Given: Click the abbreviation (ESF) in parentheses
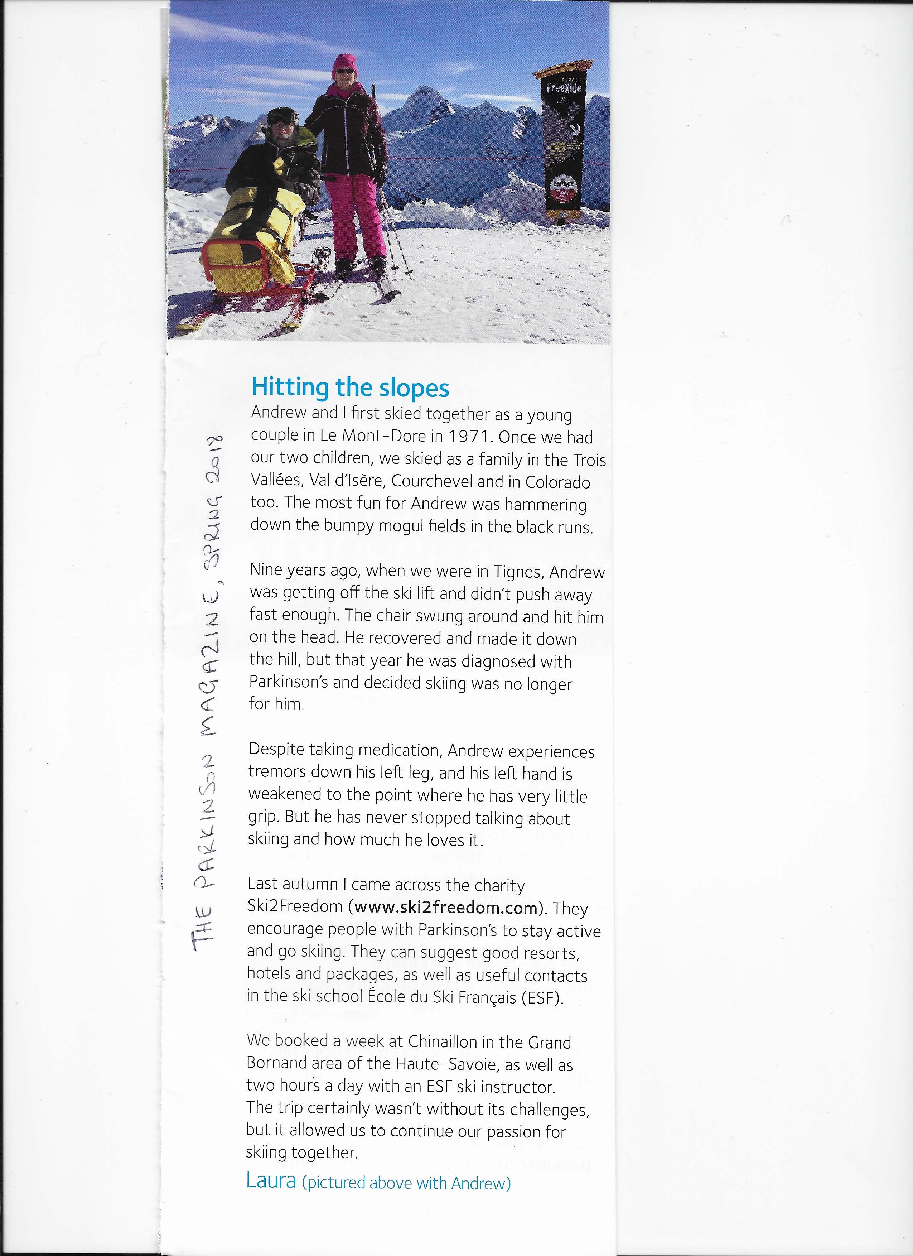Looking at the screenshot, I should tap(542, 998).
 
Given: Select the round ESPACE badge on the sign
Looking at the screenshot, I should tap(563, 189).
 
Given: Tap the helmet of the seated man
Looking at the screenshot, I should tap(282, 116).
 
